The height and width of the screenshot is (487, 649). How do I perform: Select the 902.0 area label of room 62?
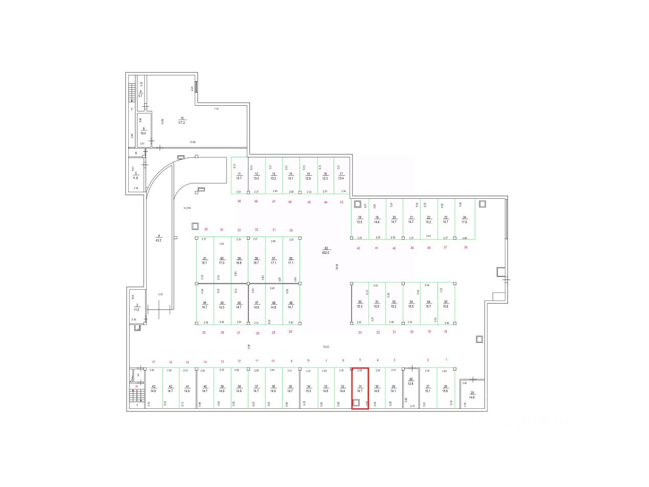point(326,252)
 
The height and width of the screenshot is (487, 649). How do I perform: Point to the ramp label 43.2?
point(158,240)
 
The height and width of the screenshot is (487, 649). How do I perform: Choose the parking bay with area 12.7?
point(239,176)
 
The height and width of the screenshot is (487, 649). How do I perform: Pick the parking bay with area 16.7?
point(204,261)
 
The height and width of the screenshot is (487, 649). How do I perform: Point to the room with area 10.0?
point(144,132)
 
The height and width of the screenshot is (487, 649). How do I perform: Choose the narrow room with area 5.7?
point(141,95)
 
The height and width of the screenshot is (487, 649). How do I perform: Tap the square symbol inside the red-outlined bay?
point(357,403)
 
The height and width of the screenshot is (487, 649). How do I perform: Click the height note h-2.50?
point(187,208)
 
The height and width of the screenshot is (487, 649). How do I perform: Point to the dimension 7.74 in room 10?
point(216,109)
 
